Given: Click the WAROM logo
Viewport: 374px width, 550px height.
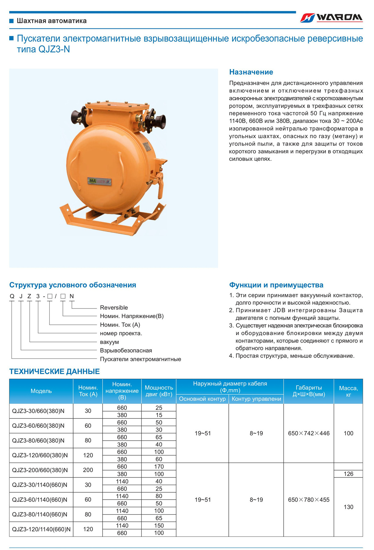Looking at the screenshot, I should pos(331,18).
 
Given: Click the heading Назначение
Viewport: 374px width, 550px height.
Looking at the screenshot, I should pos(251,72).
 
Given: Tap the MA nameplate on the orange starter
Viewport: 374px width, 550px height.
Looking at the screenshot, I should pos(99,181).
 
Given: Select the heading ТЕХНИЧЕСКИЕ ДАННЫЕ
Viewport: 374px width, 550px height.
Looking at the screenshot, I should pos(54,371).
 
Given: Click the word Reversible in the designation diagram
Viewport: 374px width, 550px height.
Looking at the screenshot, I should pos(114,307).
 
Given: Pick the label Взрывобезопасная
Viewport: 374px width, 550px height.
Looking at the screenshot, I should pos(126,350).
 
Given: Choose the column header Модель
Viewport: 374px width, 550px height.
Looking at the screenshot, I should pos(41,391).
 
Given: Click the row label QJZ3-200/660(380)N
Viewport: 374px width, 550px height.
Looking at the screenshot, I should pos(40,470).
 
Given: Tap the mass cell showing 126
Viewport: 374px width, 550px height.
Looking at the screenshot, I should pos(348,474).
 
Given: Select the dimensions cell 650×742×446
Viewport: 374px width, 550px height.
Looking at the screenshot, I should pos(308,433).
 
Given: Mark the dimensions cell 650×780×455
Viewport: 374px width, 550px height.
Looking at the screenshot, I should pos(308,500).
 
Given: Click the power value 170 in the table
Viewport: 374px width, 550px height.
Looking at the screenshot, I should pos(159,467).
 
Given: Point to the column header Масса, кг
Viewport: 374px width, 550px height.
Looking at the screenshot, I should pos(348,391).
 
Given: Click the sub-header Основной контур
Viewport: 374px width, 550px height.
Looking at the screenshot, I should pos(202,399).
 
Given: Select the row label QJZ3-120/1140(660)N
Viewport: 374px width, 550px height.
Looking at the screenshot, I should pos(41,529).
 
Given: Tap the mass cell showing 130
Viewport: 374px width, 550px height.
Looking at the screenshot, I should pos(348,507).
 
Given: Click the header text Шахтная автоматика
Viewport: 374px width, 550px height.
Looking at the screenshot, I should pos(52,21).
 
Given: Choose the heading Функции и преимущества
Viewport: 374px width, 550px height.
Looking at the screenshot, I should pos(276,285).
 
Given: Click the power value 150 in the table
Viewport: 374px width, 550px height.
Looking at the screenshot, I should pos(159,525).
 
